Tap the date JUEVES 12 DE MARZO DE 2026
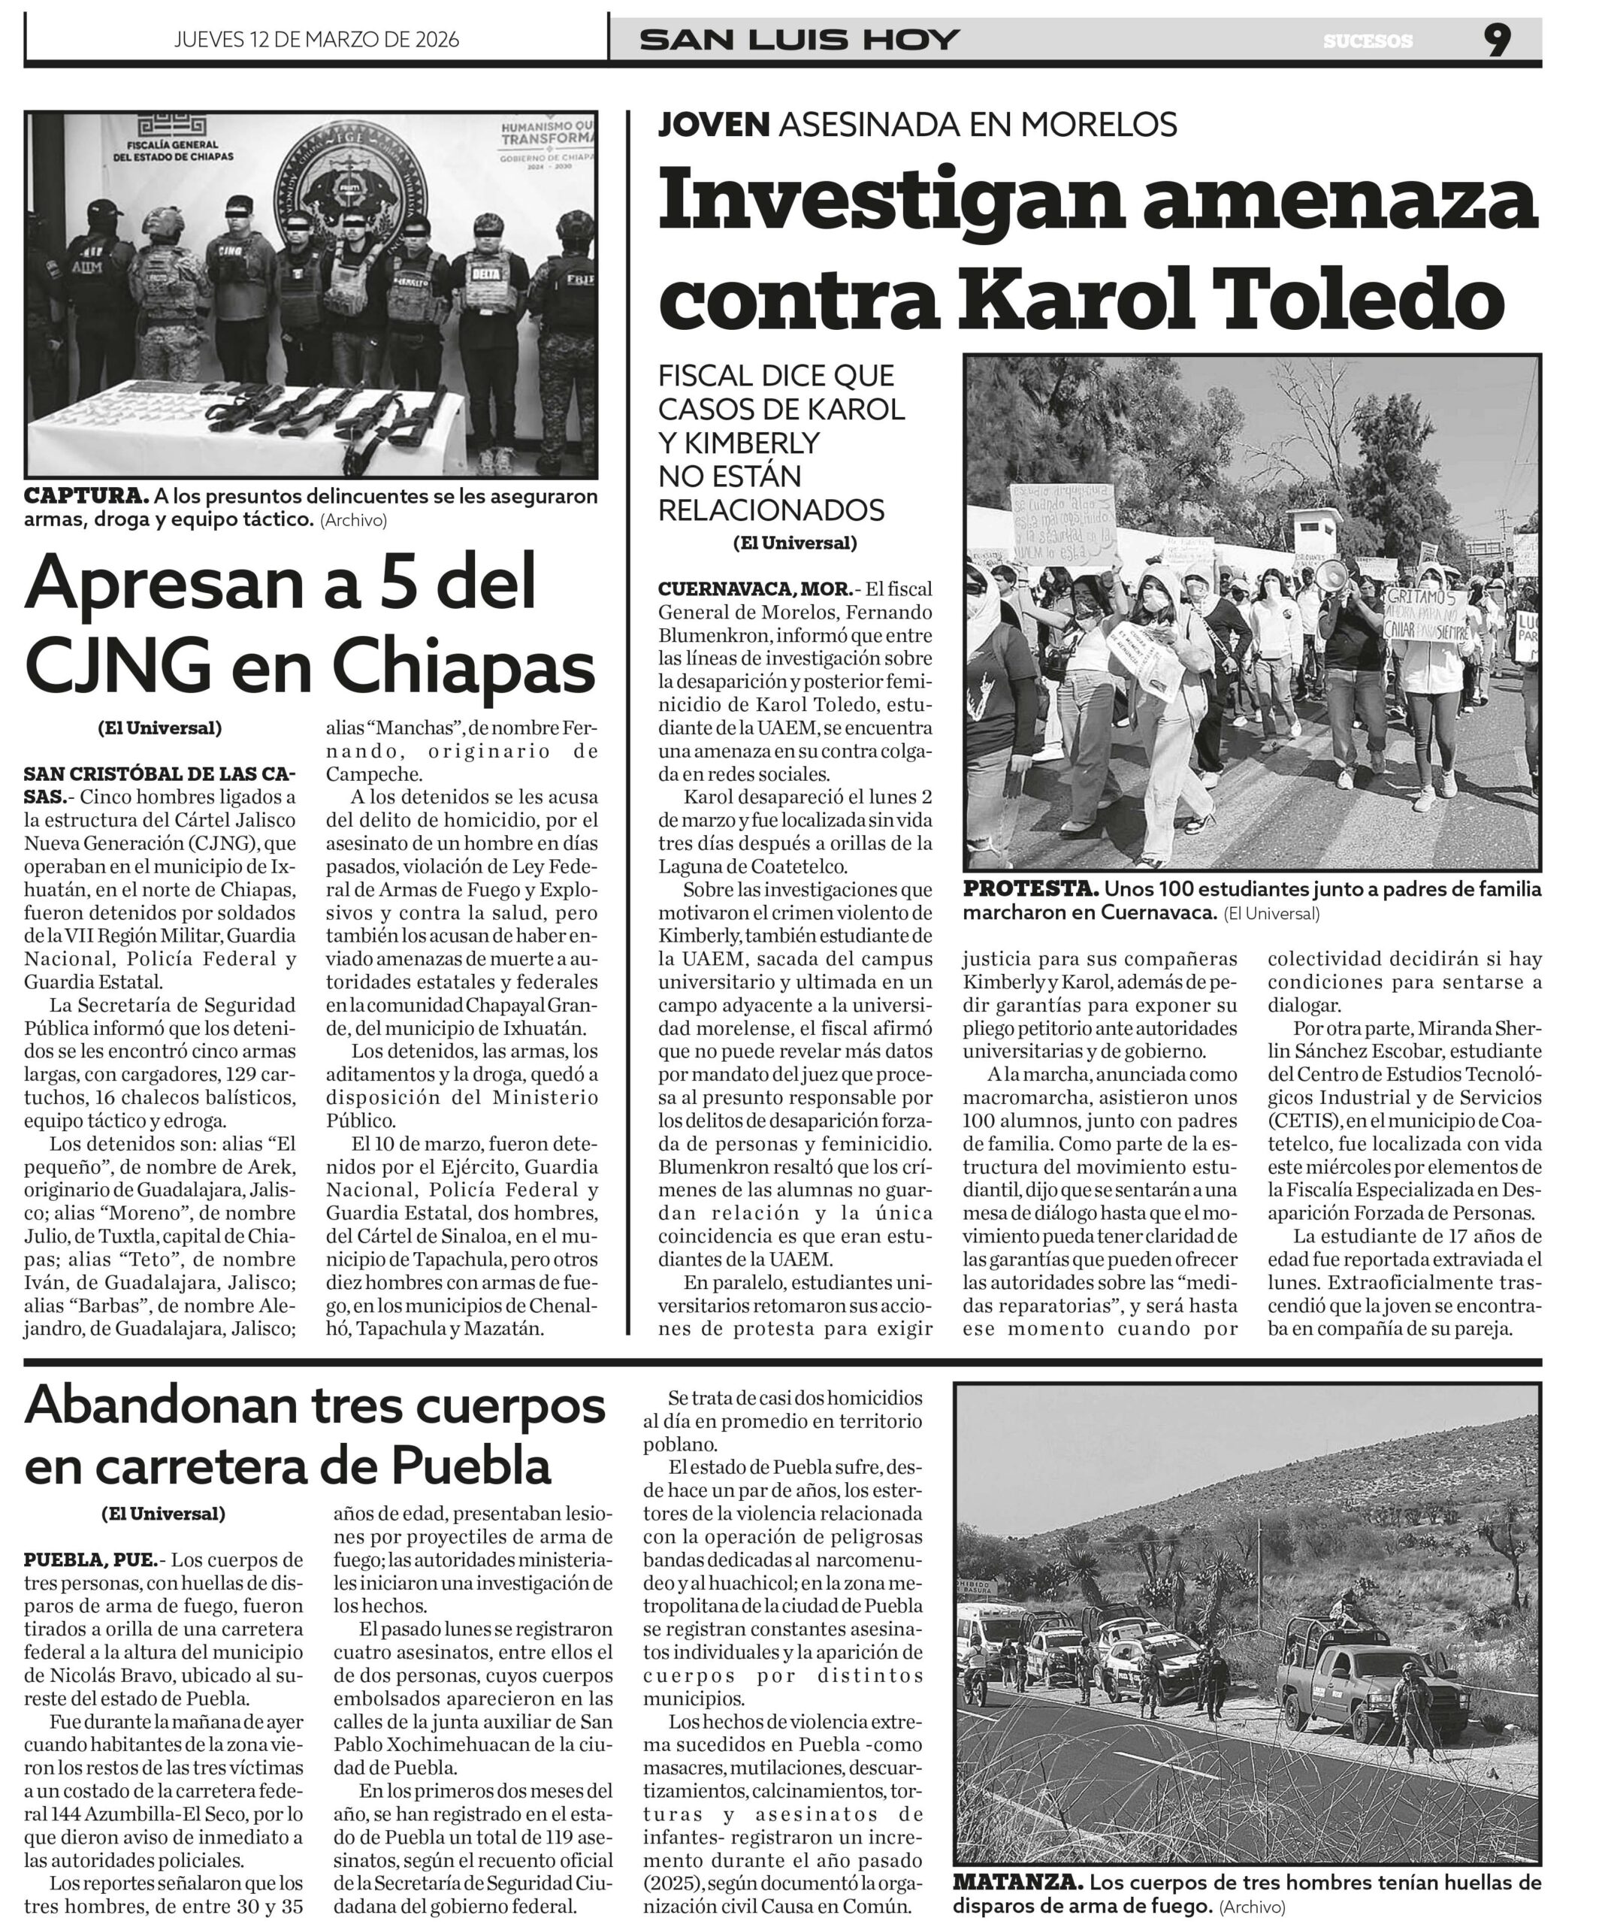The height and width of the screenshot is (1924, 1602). tap(316, 39)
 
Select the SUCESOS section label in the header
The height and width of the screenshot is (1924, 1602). tap(1368, 41)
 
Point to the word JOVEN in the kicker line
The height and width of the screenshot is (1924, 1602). tap(714, 124)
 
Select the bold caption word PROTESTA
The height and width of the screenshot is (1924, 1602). tap(1030, 888)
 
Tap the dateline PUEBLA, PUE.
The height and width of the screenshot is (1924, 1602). tap(91, 1559)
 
